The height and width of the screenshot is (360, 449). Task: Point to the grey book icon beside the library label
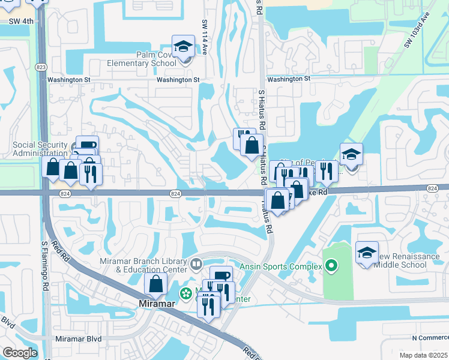[196, 264]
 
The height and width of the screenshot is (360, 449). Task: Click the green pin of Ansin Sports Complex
[331, 266]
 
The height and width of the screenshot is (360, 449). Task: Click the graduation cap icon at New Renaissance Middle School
[367, 252]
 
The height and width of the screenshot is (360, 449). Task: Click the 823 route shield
[41, 67]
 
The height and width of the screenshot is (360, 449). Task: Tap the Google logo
[20, 353]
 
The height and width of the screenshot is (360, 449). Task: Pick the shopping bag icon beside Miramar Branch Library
[155, 285]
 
